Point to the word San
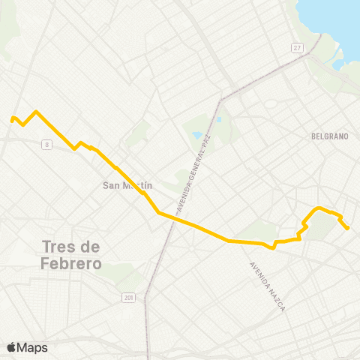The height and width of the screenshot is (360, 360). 111,185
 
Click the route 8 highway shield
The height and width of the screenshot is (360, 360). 47,144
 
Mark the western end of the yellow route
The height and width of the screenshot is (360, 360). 11,118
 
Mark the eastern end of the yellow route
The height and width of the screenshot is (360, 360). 349,228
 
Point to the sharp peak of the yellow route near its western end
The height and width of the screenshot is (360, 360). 35,112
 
